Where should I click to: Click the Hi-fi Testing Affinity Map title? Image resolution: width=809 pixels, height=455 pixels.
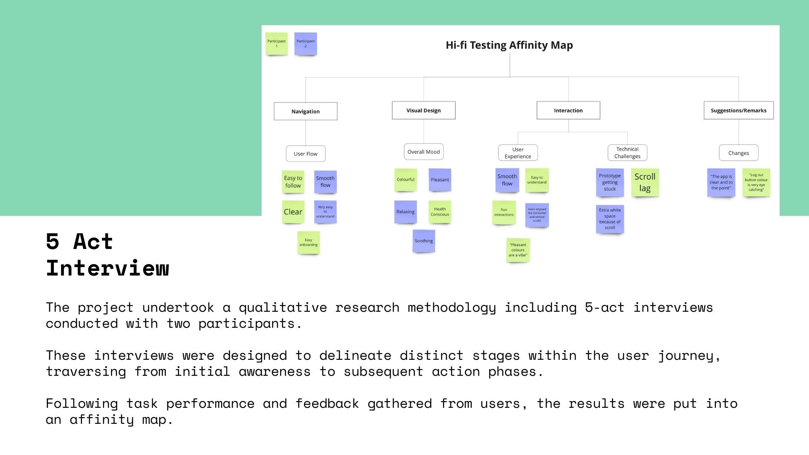[x=509, y=45]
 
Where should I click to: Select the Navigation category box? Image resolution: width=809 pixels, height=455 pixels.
[x=305, y=111]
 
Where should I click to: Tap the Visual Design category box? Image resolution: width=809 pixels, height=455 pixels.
[x=423, y=110]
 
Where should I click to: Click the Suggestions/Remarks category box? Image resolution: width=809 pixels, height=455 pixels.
[x=738, y=110]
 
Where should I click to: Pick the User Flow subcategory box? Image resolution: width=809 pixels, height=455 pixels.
[x=305, y=154]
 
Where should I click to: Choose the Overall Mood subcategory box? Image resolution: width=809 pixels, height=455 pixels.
[x=423, y=152]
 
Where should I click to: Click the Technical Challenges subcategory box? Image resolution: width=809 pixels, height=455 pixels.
[x=627, y=153]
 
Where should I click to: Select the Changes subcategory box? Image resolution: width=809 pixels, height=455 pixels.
[x=738, y=153]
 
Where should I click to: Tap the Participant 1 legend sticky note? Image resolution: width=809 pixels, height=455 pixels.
[x=276, y=43]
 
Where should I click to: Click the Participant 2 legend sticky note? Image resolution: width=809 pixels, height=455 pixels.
[x=305, y=43]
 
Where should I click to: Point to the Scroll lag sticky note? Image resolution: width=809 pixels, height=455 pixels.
[x=645, y=182]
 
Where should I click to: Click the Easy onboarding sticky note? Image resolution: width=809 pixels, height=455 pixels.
[x=308, y=242]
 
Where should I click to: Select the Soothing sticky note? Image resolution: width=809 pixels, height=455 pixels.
[x=423, y=241]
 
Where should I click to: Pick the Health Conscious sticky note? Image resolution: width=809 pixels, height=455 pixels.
[x=439, y=211]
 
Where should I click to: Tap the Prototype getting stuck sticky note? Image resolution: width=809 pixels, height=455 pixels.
[x=610, y=182]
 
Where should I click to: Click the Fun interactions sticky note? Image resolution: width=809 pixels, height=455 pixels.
[x=504, y=212]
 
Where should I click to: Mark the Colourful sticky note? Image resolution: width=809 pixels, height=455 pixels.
[x=405, y=179]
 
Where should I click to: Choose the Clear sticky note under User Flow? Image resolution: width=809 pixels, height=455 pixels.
[x=293, y=212]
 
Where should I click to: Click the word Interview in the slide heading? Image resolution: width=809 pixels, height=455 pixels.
[x=107, y=268]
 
